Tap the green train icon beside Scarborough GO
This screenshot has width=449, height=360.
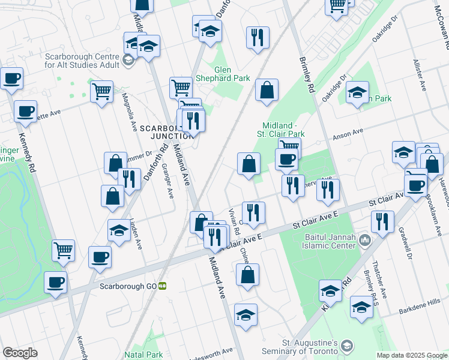tap(162, 286)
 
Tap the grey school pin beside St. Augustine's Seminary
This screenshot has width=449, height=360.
tap(348, 346)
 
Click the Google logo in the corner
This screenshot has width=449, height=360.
tap(20, 353)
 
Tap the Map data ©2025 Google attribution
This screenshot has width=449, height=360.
tap(412, 355)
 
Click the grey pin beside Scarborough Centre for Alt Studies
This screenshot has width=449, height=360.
tap(128, 59)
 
